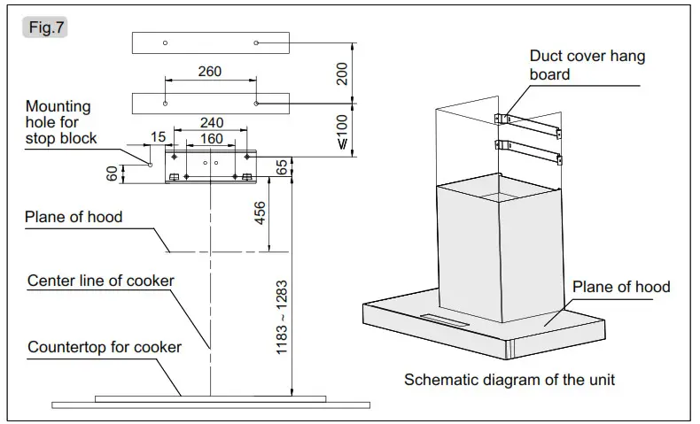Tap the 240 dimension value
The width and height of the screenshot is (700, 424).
[212, 123]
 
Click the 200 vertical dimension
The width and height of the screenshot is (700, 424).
[343, 74]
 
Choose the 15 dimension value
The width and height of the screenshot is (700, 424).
[159, 136]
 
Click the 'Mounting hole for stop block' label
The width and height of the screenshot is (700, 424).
[60, 122]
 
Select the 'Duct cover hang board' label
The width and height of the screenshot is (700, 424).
[587, 66]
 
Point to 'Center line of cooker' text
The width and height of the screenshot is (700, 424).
[100, 281]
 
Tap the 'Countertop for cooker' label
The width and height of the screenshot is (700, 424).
[104, 347]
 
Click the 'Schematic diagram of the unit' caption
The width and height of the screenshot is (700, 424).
[509, 381]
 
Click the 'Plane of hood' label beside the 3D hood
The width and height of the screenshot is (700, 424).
[621, 287]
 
